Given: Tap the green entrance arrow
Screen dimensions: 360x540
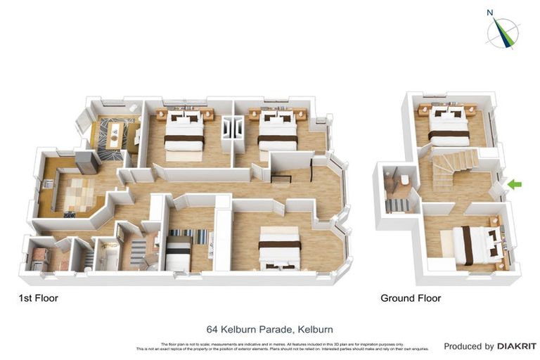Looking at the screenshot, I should (515, 184).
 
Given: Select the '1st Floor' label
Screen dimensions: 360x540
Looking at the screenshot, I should (38, 298).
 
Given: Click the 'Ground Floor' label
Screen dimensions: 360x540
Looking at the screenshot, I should (411, 298).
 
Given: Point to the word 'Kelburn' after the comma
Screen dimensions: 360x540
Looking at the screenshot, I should (315, 329).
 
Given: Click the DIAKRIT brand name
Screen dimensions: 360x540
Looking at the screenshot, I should (517, 346).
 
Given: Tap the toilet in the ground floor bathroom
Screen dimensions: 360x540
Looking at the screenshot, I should (406, 181).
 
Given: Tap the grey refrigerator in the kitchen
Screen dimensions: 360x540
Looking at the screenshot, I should (87, 162).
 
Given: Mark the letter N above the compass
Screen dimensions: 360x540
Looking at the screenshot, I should (490, 11).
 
